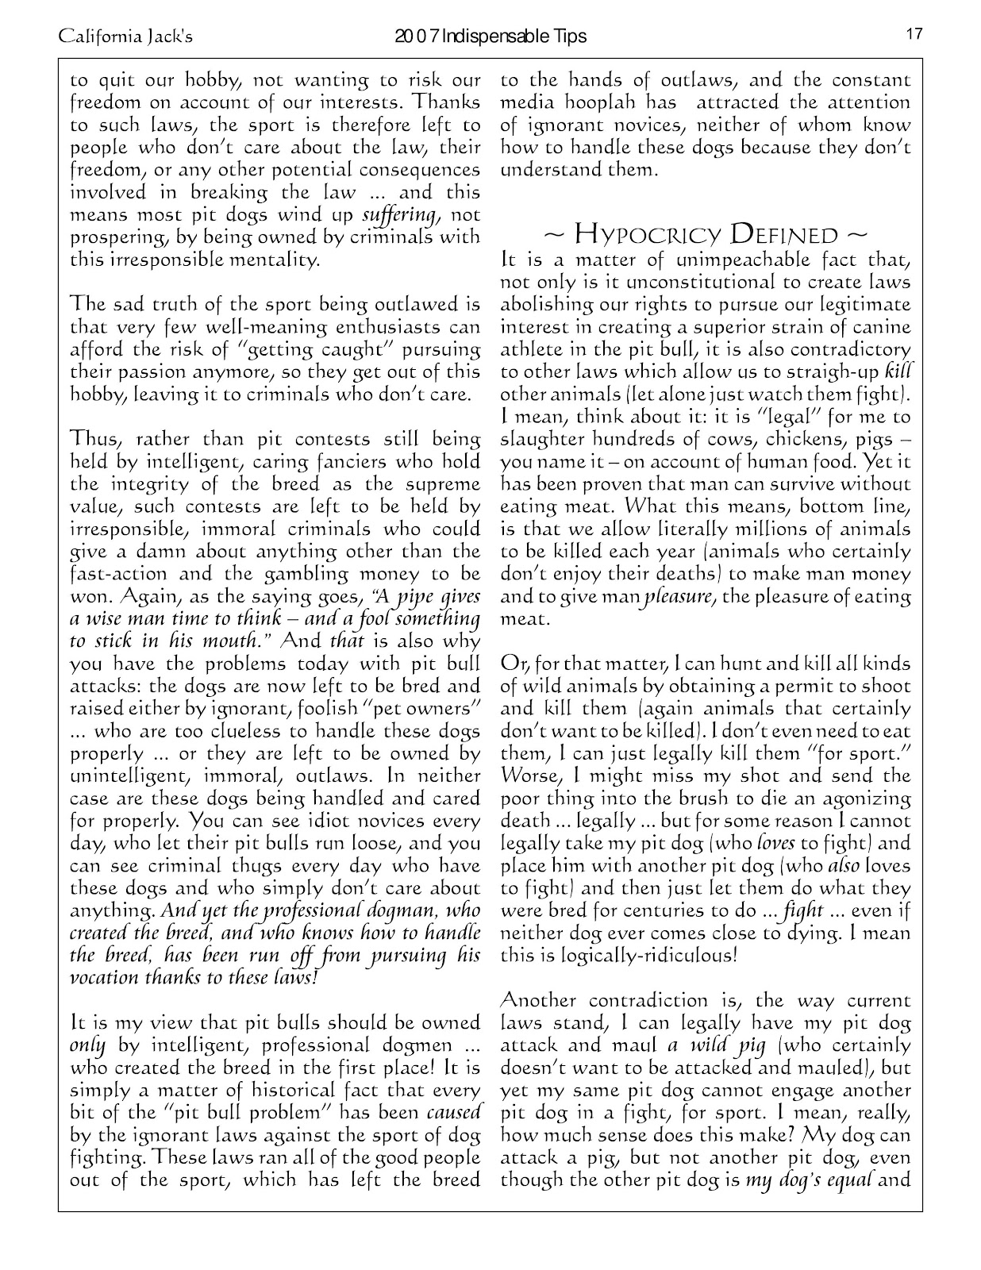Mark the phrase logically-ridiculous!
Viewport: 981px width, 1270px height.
pyautogui.click(x=619, y=955)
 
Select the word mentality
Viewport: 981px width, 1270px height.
pyautogui.click(x=269, y=260)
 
